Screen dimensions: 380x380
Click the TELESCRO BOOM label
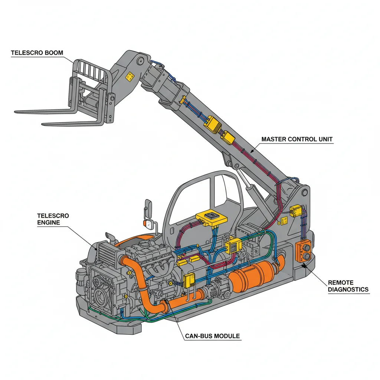(37, 53)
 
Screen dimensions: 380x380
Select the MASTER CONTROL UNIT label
(297, 140)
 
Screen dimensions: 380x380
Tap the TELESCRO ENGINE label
(53, 219)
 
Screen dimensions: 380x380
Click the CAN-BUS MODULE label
(212, 336)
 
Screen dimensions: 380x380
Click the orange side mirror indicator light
(146, 224)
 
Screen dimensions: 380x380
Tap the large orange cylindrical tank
(252, 274)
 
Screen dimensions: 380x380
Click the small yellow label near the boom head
(130, 76)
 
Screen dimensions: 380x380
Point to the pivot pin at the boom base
(305, 192)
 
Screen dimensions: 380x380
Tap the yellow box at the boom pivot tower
(296, 210)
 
